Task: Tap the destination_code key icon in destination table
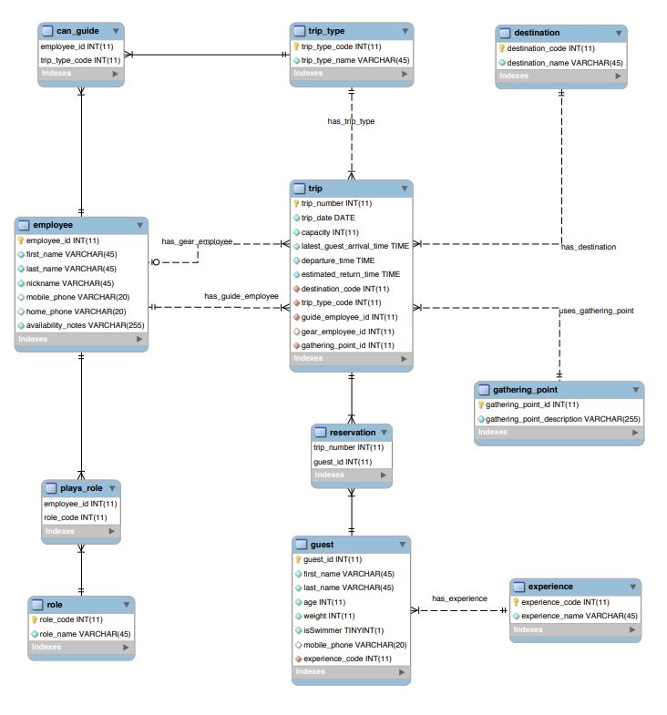[501, 48]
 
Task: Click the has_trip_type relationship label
[351, 121]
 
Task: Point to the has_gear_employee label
[197, 241]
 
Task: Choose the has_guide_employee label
[241, 296]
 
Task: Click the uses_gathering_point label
[596, 311]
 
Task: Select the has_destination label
[588, 247]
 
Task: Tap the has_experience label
[459, 598]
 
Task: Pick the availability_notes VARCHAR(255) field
[83, 324]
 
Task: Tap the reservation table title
[352, 433]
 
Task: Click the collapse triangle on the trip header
[404, 189]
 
